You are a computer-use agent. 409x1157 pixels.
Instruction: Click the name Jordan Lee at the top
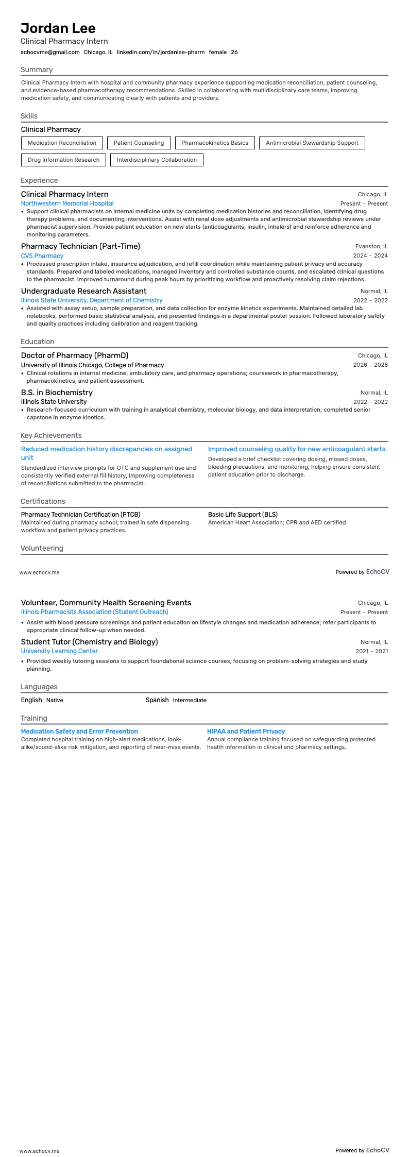[58, 28]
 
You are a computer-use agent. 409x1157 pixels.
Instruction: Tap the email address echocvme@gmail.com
[50, 52]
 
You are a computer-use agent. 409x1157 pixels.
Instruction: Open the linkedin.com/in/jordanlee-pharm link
[160, 52]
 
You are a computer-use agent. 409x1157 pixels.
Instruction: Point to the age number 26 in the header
[234, 52]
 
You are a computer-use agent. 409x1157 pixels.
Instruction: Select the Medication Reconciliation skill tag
[62, 143]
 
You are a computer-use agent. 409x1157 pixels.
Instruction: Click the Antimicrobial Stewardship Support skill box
[312, 143]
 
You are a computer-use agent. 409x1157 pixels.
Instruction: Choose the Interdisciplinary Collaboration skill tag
[157, 160]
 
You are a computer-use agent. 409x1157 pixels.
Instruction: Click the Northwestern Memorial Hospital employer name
[67, 203]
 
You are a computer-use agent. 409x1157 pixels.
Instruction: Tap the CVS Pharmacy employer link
[42, 256]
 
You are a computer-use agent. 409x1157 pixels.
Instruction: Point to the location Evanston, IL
[371, 246]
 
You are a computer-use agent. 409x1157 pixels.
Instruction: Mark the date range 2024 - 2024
[370, 256]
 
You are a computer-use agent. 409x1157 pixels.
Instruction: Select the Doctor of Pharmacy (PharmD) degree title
[75, 355]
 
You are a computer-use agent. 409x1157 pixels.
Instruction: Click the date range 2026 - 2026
[370, 365]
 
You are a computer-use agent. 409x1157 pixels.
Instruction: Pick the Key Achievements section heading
[51, 435]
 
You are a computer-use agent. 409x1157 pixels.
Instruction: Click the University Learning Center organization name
[59, 651]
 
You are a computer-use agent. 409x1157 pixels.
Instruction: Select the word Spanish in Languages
[157, 700]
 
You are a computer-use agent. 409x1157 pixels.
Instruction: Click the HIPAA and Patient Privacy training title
[246, 731]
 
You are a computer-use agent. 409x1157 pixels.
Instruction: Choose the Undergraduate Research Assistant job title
[83, 291]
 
